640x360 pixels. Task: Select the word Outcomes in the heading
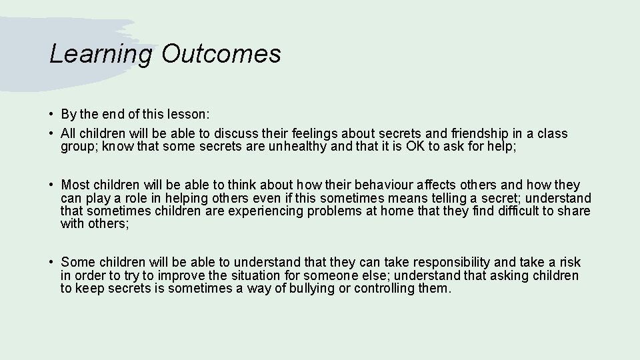(221, 54)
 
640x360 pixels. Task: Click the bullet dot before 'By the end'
(51, 114)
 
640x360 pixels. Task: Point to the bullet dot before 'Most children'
(51, 185)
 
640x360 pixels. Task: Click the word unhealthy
(297, 147)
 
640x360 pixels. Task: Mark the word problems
(358, 211)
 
